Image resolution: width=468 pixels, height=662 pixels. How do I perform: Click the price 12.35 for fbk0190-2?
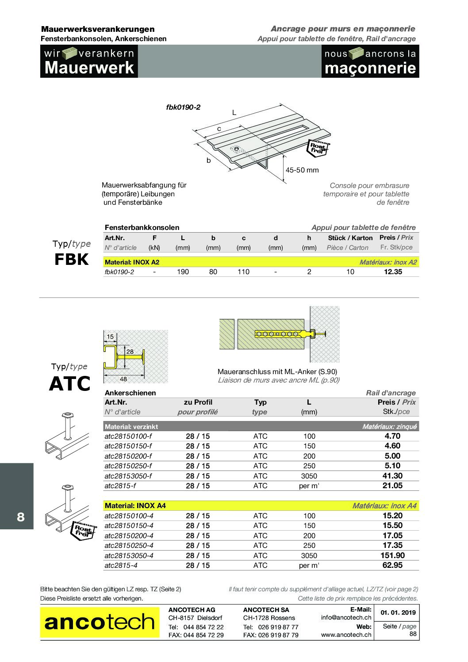(x=393, y=272)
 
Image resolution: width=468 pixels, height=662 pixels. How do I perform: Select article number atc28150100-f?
(x=128, y=436)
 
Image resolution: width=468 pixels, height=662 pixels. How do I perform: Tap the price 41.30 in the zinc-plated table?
(x=392, y=476)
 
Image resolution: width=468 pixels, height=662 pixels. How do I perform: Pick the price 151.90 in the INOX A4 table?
(x=392, y=555)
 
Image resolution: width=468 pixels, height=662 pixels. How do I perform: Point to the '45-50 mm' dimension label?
(x=302, y=170)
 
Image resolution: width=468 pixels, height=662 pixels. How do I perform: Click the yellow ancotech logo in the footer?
(x=100, y=622)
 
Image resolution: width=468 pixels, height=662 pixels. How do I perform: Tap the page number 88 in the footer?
(x=412, y=634)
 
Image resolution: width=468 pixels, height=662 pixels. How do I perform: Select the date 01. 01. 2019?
(x=398, y=612)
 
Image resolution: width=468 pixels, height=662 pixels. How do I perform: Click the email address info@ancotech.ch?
(x=346, y=617)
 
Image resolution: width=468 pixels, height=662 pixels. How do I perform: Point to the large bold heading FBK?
(x=71, y=260)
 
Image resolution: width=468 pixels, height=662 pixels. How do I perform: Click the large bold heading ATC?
(x=69, y=383)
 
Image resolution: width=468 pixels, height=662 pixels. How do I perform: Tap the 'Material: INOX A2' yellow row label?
(x=132, y=262)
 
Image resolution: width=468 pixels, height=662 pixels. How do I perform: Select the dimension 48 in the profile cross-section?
(x=123, y=379)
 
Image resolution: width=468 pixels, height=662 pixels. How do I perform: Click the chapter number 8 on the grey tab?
(x=21, y=517)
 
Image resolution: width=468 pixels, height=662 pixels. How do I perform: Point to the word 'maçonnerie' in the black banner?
(x=370, y=68)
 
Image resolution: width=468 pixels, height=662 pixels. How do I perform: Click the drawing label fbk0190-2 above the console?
(x=183, y=107)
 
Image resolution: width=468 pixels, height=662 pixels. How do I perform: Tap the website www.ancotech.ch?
(x=346, y=635)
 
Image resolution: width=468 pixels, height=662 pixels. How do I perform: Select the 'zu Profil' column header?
(x=198, y=402)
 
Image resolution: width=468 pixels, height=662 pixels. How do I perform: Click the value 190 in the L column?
(x=183, y=272)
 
